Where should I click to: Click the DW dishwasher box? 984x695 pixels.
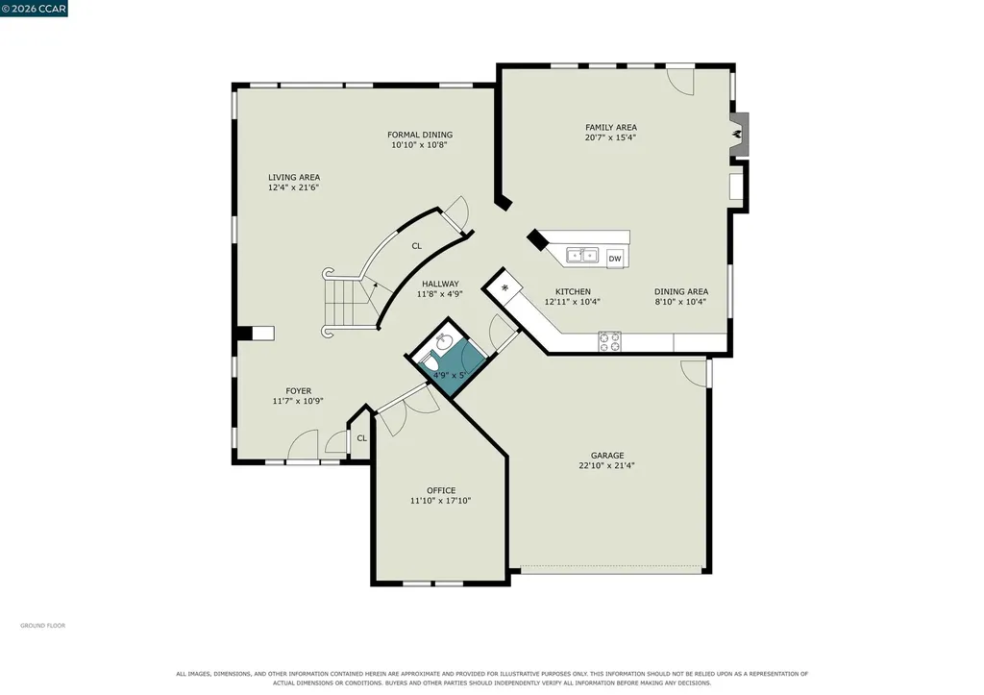click(x=615, y=258)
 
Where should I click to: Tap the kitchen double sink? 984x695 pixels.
click(x=582, y=256)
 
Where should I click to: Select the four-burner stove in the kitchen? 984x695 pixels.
click(x=609, y=341)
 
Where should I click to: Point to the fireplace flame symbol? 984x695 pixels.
click(x=739, y=134)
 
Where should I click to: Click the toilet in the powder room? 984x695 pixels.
click(x=430, y=362)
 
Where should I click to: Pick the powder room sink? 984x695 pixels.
click(x=444, y=342)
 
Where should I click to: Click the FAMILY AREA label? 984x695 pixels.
click(x=611, y=127)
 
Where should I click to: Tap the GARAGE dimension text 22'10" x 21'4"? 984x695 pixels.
click(x=607, y=466)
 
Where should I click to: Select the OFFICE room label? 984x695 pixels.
click(x=441, y=490)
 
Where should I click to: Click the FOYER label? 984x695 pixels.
click(x=298, y=390)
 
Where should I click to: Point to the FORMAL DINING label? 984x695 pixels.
click(x=420, y=135)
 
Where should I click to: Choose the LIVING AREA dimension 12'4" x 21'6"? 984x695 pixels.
click(x=294, y=187)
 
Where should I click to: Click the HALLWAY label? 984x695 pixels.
click(x=440, y=284)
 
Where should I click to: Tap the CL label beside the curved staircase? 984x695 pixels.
click(x=417, y=246)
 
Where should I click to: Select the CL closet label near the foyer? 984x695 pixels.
click(x=362, y=438)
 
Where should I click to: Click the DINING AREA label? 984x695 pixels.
click(x=681, y=291)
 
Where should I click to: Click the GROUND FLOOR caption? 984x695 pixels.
click(x=42, y=626)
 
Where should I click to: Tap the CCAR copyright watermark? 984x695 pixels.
click(x=34, y=8)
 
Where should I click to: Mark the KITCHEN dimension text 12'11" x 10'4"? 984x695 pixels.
click(x=573, y=301)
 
